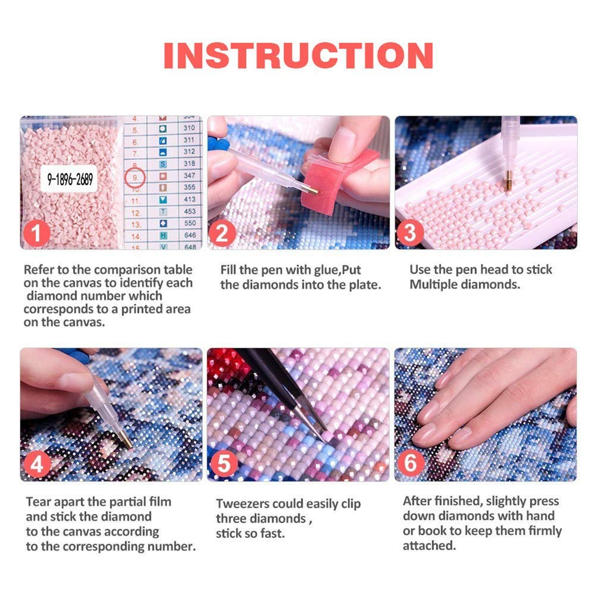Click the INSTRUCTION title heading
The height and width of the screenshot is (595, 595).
pos(298,55)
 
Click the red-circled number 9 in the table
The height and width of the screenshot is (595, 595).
pos(136,176)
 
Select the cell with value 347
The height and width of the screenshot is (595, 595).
pos(189,176)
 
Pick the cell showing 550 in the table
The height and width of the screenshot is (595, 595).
pos(189,223)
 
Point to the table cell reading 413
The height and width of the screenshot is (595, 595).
pos(189,199)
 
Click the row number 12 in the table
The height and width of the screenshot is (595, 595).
pos(136,212)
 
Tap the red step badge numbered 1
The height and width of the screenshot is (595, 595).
pos(37,233)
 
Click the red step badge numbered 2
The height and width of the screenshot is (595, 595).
pos(222,233)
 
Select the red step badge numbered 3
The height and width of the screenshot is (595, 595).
pos(410,233)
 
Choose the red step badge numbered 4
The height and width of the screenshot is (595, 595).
pos(37,465)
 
